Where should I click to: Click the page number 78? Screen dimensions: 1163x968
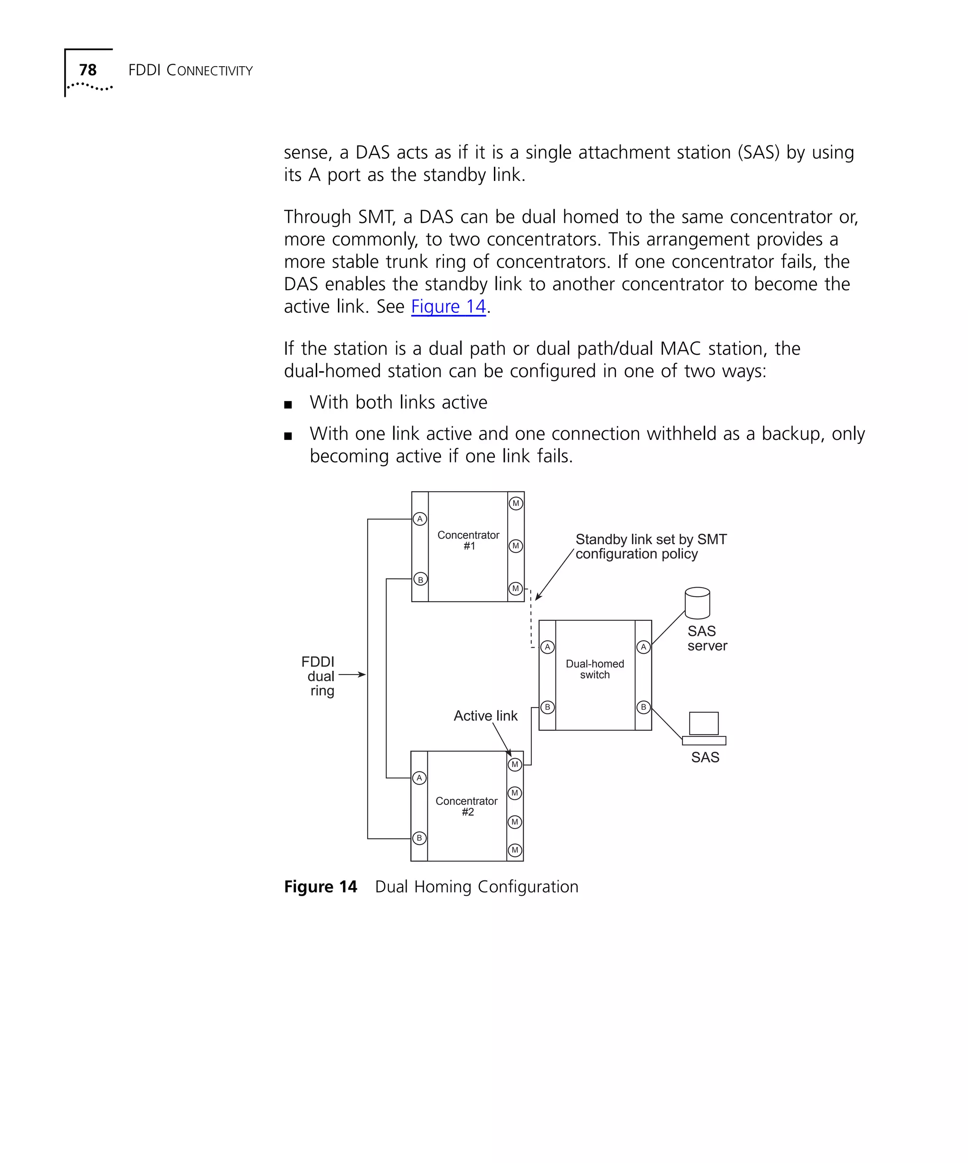click(87, 70)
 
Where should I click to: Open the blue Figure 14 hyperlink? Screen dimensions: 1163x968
click(448, 306)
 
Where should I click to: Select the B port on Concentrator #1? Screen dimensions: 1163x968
click(420, 579)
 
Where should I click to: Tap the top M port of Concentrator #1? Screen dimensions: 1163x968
click(516, 504)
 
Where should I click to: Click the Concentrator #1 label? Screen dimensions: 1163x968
click(468, 540)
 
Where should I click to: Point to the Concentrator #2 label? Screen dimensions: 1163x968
click(467, 806)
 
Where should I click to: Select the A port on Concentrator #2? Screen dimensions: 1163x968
click(419, 778)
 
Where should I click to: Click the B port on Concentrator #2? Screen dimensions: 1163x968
click(419, 838)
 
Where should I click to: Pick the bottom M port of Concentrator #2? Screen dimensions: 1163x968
click(515, 850)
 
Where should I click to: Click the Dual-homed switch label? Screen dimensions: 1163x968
click(595, 669)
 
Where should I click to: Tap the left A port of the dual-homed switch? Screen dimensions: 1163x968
click(547, 646)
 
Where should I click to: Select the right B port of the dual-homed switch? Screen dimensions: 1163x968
click(643, 707)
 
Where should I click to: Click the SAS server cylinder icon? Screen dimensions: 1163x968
click(697, 603)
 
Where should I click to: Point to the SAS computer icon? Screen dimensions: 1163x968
click(704, 728)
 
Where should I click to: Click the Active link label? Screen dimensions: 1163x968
click(485, 716)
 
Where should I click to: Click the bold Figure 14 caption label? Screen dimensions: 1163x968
click(320, 887)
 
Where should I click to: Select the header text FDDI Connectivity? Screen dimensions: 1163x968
click(190, 70)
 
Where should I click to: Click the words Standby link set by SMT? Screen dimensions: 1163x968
click(650, 539)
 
